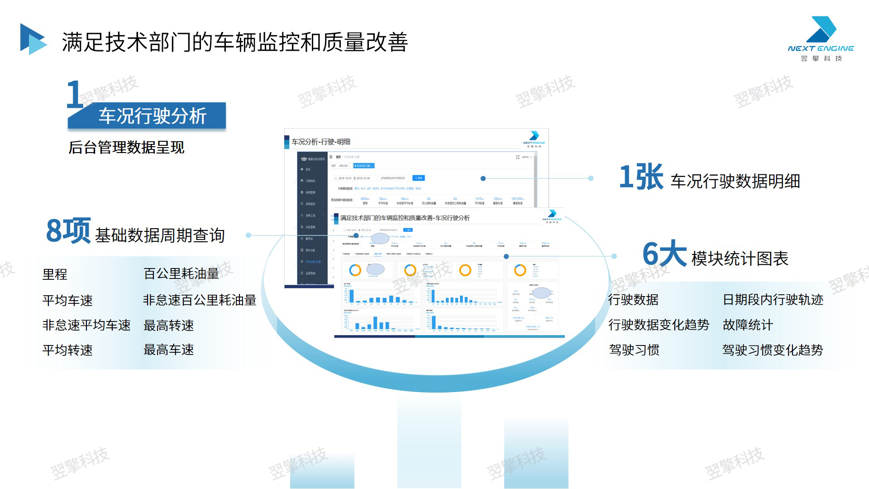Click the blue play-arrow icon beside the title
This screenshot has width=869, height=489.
(x=33, y=39)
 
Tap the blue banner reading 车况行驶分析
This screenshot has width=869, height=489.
(x=147, y=116)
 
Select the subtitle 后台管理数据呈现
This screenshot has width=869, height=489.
(x=126, y=148)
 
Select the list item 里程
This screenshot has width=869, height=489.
(x=55, y=274)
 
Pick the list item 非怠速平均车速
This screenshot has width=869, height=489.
(x=86, y=325)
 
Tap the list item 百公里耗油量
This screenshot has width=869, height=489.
(x=181, y=273)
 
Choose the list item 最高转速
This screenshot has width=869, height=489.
(x=168, y=325)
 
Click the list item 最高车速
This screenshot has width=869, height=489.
(x=168, y=350)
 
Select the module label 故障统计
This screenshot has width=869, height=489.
(x=748, y=325)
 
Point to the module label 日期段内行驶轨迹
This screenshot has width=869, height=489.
(x=773, y=300)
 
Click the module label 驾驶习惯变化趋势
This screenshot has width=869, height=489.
(x=772, y=350)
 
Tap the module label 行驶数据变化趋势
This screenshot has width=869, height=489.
(x=659, y=325)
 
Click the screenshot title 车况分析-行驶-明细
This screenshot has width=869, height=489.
(x=321, y=142)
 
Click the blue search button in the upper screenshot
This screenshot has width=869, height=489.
(x=419, y=178)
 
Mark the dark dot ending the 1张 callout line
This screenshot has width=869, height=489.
(x=483, y=178)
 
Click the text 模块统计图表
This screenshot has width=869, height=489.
(x=740, y=259)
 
